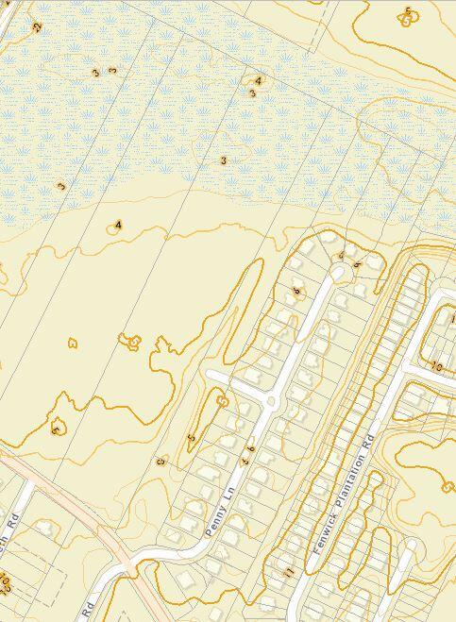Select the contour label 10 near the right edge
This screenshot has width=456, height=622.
click(436, 365)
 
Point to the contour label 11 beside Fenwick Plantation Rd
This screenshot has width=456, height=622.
click(289, 571)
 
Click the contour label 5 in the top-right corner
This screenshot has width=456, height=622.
click(408, 12)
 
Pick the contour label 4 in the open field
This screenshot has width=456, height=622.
click(118, 225)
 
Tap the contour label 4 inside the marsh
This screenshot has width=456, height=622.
click(258, 81)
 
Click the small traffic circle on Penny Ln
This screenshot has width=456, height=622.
click(271, 401)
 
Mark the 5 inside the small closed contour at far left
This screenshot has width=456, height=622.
click(56, 429)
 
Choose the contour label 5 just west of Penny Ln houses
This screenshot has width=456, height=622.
click(192, 437)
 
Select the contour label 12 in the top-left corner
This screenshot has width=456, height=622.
click(37, 28)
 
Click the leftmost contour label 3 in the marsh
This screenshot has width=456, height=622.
click(61, 187)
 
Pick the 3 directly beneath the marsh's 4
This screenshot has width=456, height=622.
click(252, 93)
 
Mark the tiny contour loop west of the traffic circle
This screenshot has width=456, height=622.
click(223, 402)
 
